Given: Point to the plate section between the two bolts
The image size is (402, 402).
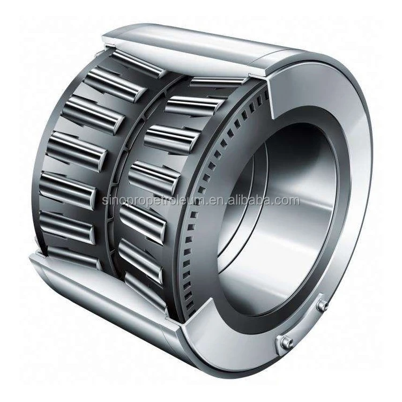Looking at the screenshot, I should (x=304, y=323).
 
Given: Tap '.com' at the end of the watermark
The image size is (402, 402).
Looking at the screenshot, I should (x=287, y=201).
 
